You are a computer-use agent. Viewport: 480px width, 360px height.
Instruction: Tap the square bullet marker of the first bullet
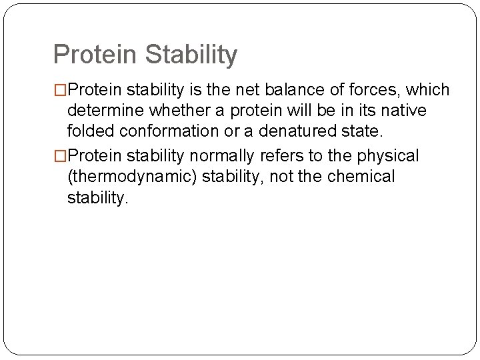tap(61, 90)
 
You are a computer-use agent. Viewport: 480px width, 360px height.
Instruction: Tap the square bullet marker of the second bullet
tap(61, 156)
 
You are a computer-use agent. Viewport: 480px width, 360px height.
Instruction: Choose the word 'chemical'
tap(365, 177)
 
